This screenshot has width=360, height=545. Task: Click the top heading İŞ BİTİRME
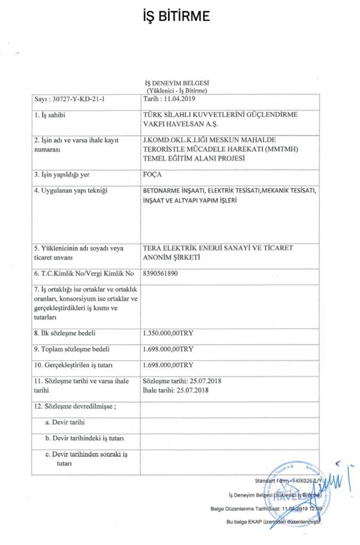(x=177, y=16)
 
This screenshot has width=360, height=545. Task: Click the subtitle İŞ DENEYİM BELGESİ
(x=177, y=84)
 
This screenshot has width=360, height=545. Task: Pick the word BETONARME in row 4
(x=164, y=191)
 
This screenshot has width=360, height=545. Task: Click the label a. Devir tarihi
(x=65, y=422)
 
